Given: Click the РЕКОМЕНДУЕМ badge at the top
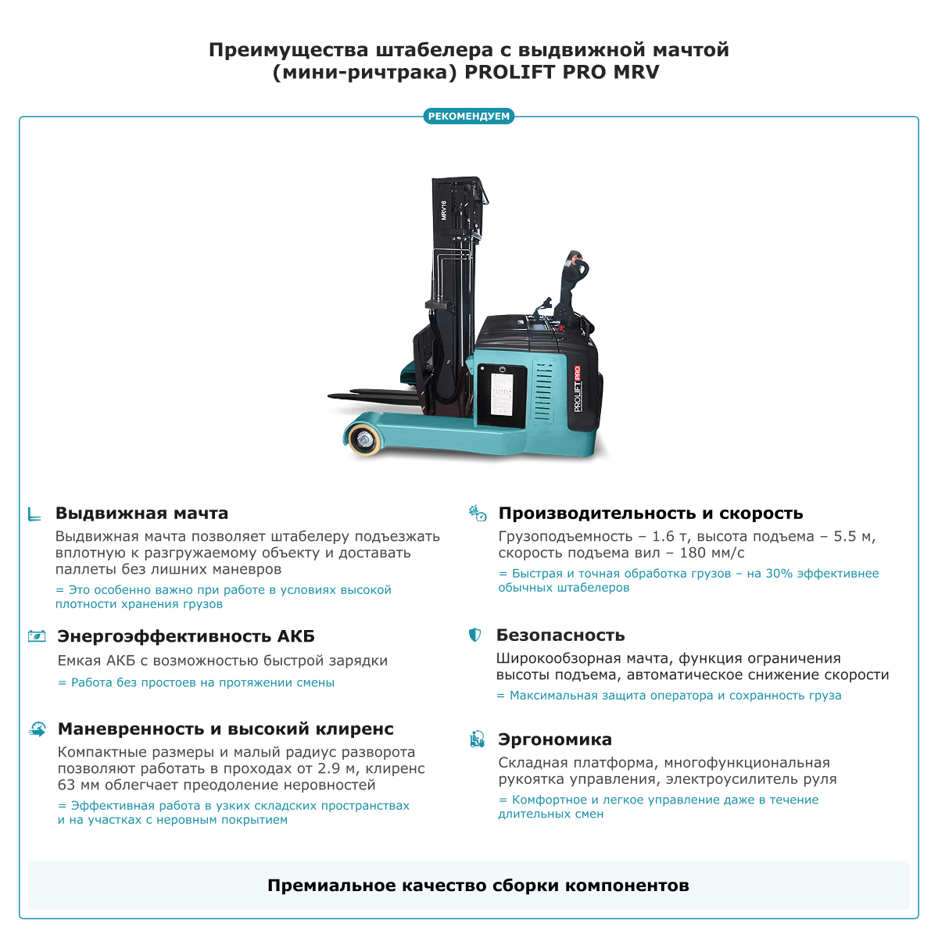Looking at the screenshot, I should [469, 116].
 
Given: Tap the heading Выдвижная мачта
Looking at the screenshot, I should [141, 514].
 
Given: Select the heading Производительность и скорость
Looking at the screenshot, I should [650, 514].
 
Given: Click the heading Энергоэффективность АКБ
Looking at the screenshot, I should [186, 636].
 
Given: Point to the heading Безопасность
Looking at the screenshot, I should [560, 635].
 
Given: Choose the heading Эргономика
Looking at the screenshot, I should [555, 739].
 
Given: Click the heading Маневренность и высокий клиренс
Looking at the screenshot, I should [226, 729].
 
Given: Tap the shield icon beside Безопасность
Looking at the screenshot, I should [474, 635].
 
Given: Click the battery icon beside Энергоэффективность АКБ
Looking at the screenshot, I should [36, 636].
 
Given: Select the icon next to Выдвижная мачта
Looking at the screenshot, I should [34, 514].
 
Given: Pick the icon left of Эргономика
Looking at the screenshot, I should [477, 739].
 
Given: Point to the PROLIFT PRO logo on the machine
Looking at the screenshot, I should [577, 389].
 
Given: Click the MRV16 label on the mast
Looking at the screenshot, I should [443, 209].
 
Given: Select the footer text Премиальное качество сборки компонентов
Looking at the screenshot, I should [478, 886].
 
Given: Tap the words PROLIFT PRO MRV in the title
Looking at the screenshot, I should [562, 73].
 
